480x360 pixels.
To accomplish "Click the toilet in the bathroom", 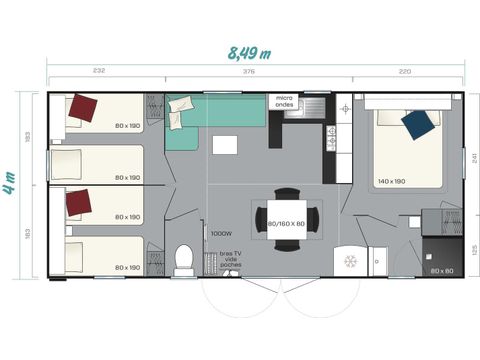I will (x=184, y=259).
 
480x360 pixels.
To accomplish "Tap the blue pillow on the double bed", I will (x=419, y=124).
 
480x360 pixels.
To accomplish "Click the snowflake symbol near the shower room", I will (x=350, y=261).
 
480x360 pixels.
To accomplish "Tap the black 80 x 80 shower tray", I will (x=441, y=257).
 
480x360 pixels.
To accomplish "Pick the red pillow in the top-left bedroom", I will (x=83, y=108).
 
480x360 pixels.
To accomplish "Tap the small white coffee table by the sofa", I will (x=225, y=145).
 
